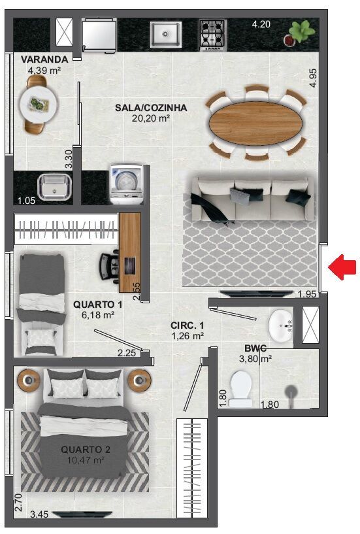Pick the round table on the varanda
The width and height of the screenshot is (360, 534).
(37, 103)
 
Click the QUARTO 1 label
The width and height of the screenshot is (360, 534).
(98, 304)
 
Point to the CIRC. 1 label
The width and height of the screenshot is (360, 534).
(188, 325)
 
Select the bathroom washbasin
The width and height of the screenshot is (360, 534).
(282, 325)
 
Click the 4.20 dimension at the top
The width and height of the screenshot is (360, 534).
(261, 25)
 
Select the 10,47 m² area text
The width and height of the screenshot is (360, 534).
(86, 460)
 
